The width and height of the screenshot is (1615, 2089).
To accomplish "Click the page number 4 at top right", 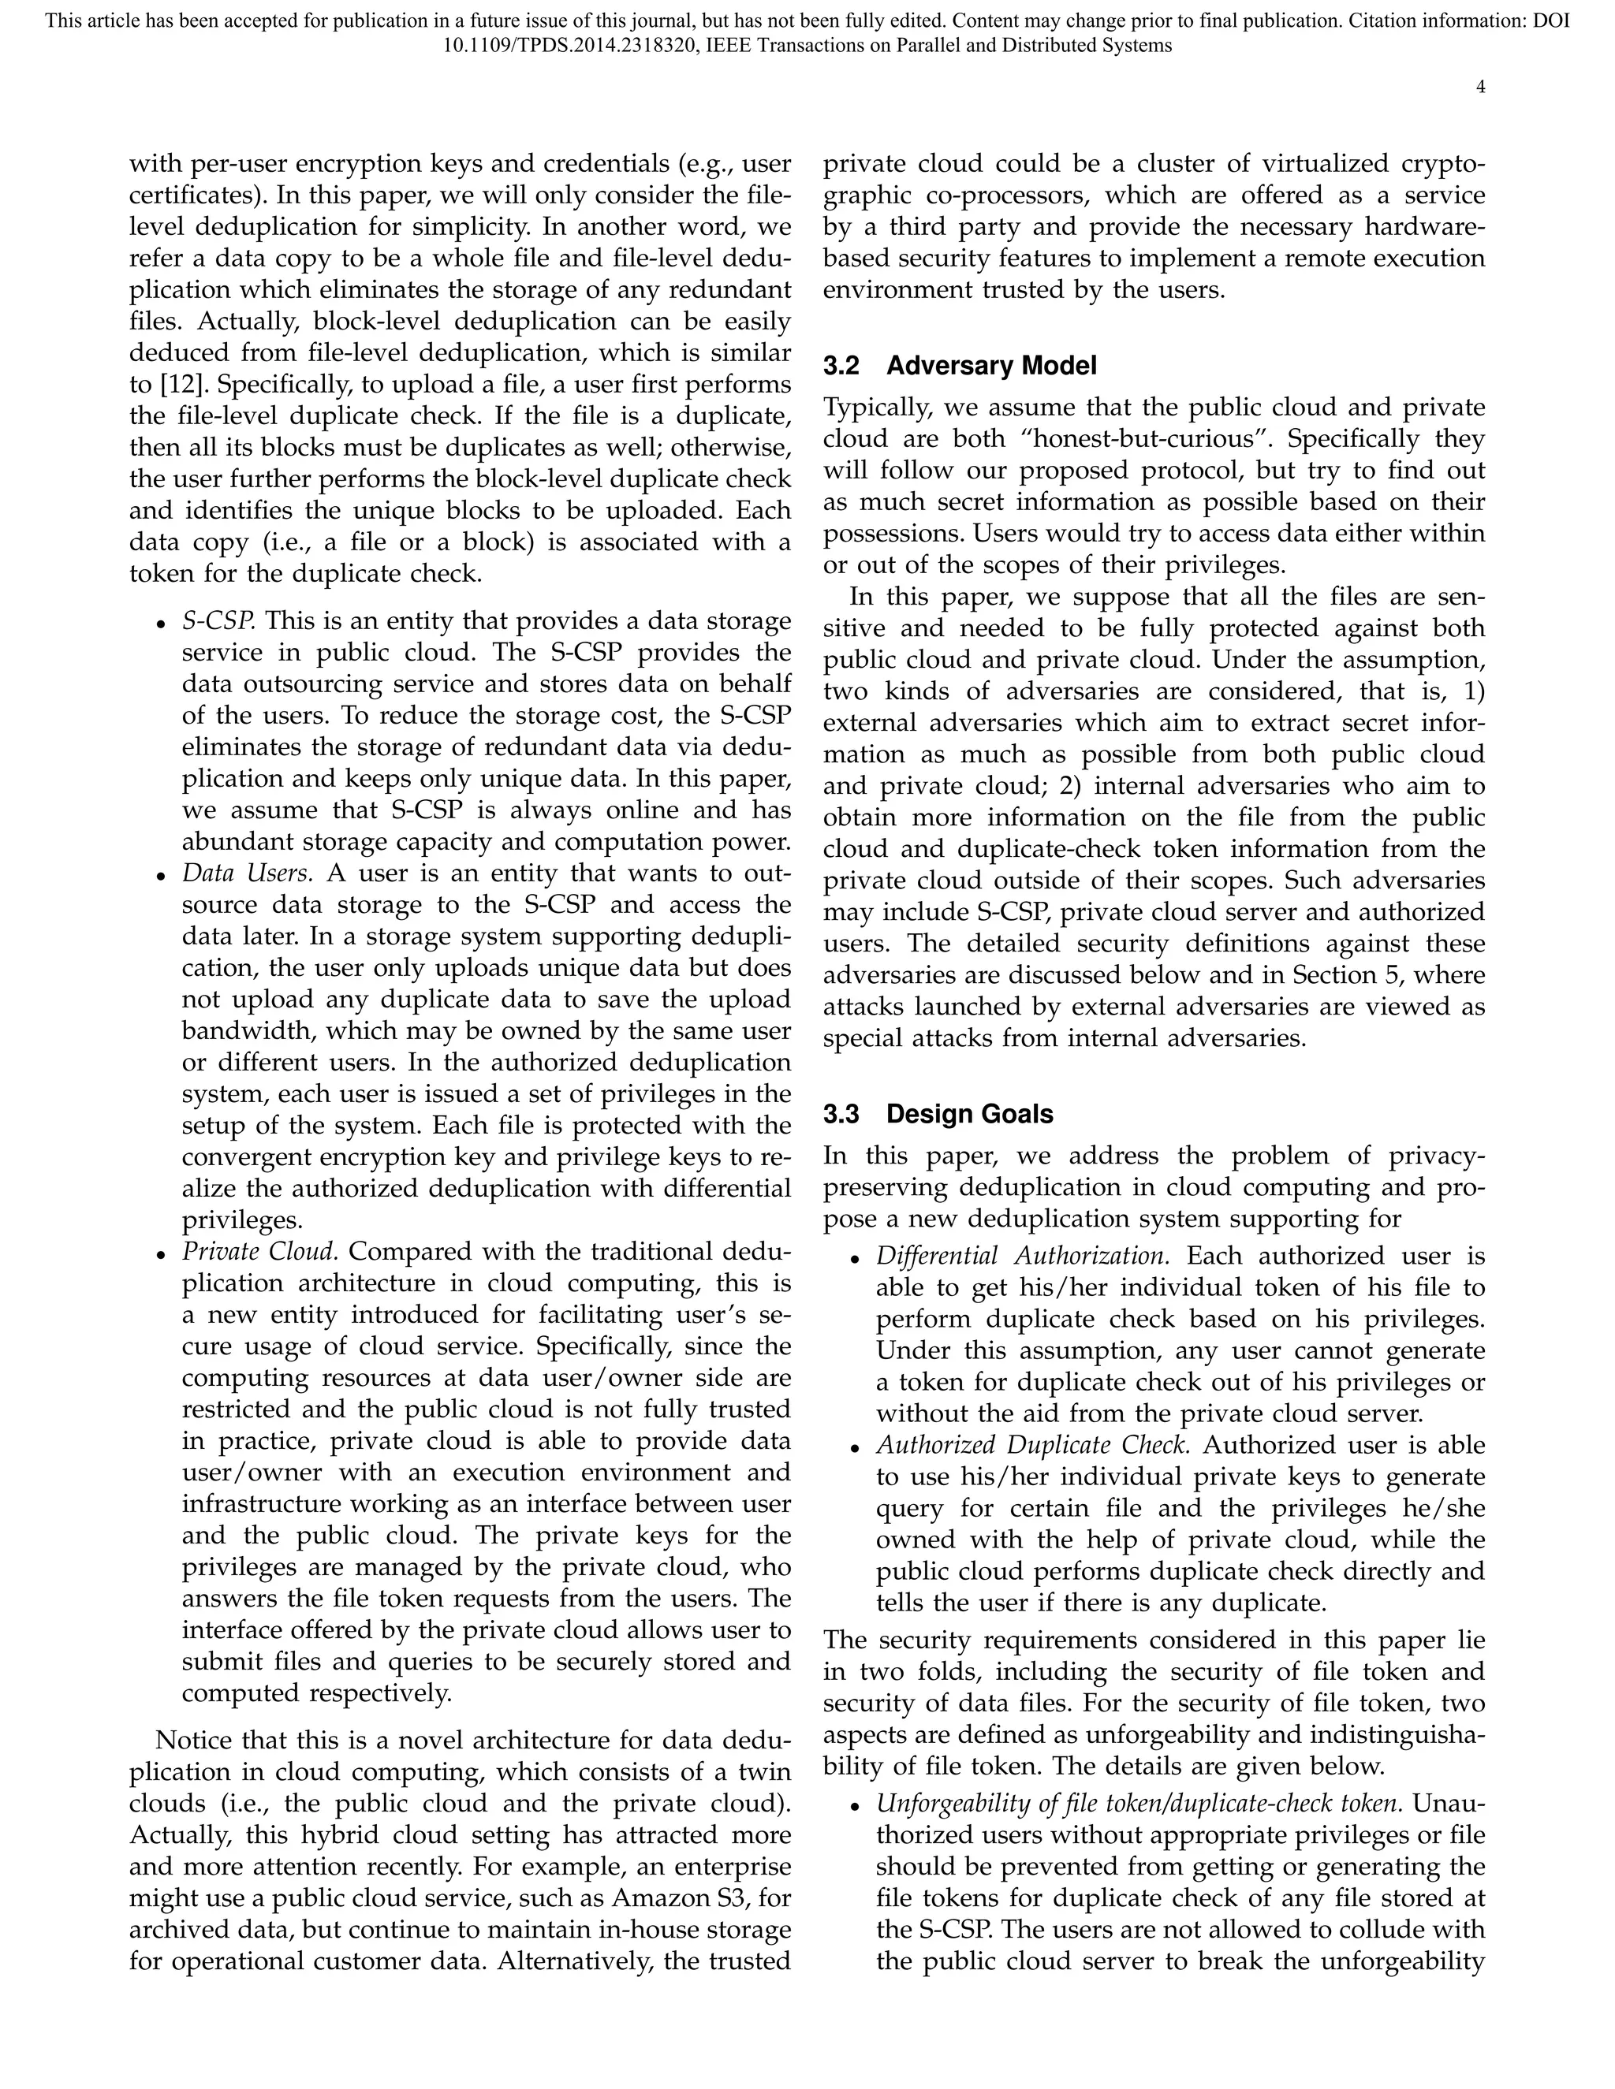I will coord(1480,87).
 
